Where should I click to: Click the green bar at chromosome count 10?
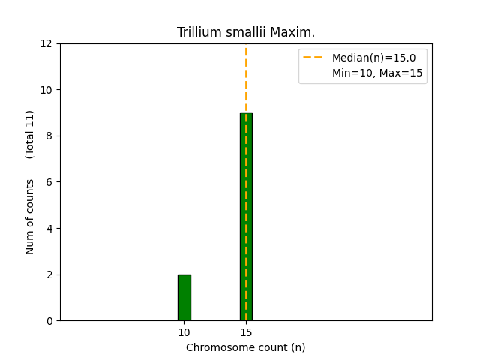184,298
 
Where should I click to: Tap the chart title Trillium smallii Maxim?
246,32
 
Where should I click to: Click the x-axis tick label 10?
184,332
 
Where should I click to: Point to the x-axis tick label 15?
246,332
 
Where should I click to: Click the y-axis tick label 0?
50,321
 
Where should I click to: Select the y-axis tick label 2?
50,274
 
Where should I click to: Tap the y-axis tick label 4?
50,229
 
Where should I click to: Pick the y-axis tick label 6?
50,182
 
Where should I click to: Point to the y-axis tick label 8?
50,136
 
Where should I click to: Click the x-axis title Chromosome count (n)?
246,347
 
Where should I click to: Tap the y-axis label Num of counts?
30,217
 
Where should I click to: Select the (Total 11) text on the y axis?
30,134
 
